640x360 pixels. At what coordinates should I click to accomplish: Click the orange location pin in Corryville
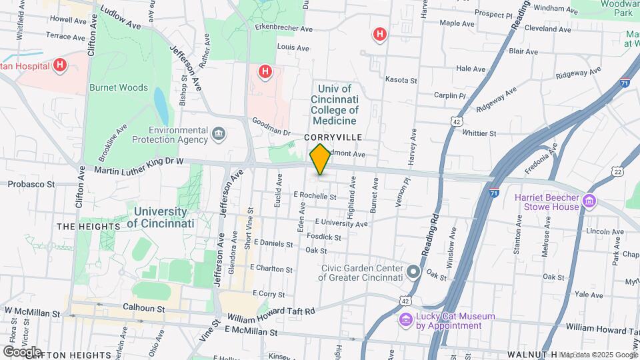[320, 159]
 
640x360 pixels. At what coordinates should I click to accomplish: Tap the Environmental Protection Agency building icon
[218, 135]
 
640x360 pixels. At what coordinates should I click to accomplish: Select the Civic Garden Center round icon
[413, 271]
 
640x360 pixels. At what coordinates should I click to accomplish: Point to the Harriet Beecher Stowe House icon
[589, 201]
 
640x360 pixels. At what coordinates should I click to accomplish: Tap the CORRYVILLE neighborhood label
[333, 137]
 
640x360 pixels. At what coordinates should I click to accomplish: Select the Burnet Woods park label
[119, 87]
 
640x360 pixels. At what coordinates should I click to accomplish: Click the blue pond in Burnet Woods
[161, 103]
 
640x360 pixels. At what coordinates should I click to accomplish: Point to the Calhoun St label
[143, 309]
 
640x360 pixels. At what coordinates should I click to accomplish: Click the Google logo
[22, 351]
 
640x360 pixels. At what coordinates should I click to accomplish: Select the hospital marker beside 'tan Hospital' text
[60, 65]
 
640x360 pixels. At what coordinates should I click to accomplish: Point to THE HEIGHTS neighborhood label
[88, 227]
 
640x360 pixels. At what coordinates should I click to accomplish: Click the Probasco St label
[31, 183]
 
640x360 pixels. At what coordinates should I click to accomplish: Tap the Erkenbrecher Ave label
[283, 28]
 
